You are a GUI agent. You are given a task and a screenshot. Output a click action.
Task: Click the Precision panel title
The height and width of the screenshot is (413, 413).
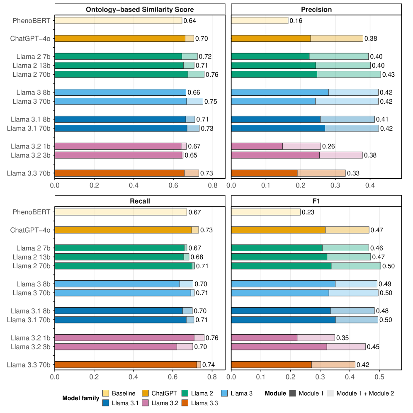(x=316, y=10)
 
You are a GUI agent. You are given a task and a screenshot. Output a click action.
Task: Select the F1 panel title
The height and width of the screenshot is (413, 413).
(x=316, y=201)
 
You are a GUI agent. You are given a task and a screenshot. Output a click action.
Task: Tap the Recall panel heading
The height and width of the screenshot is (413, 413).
(x=140, y=201)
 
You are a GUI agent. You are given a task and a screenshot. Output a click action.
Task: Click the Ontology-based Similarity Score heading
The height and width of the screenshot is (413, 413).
(x=140, y=10)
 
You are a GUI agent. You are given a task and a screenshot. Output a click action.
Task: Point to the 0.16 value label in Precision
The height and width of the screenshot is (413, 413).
(x=296, y=21)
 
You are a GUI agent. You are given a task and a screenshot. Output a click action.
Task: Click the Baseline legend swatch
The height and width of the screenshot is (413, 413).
(x=105, y=393)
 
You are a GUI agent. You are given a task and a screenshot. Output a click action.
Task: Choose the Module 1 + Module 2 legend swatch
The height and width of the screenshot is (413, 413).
(x=330, y=393)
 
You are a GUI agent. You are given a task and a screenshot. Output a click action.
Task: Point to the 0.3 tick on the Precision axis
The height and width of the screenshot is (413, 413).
(x=335, y=185)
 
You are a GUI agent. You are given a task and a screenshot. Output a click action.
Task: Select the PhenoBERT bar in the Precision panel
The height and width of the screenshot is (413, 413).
(x=260, y=21)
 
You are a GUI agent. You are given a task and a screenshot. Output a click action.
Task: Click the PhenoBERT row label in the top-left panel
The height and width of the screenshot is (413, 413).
(x=32, y=21)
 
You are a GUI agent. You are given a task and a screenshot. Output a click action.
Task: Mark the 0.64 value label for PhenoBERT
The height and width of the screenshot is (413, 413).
(x=189, y=21)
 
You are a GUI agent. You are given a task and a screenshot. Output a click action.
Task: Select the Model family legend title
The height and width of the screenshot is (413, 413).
(x=80, y=398)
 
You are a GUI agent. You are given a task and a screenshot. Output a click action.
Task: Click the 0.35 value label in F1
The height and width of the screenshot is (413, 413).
(x=343, y=338)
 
